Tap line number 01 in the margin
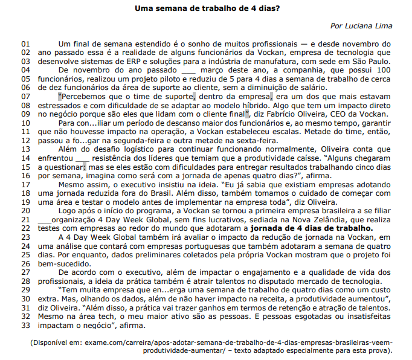tap(25, 44)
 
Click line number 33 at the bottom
tap(25, 325)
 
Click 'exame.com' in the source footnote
tap(103, 342)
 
